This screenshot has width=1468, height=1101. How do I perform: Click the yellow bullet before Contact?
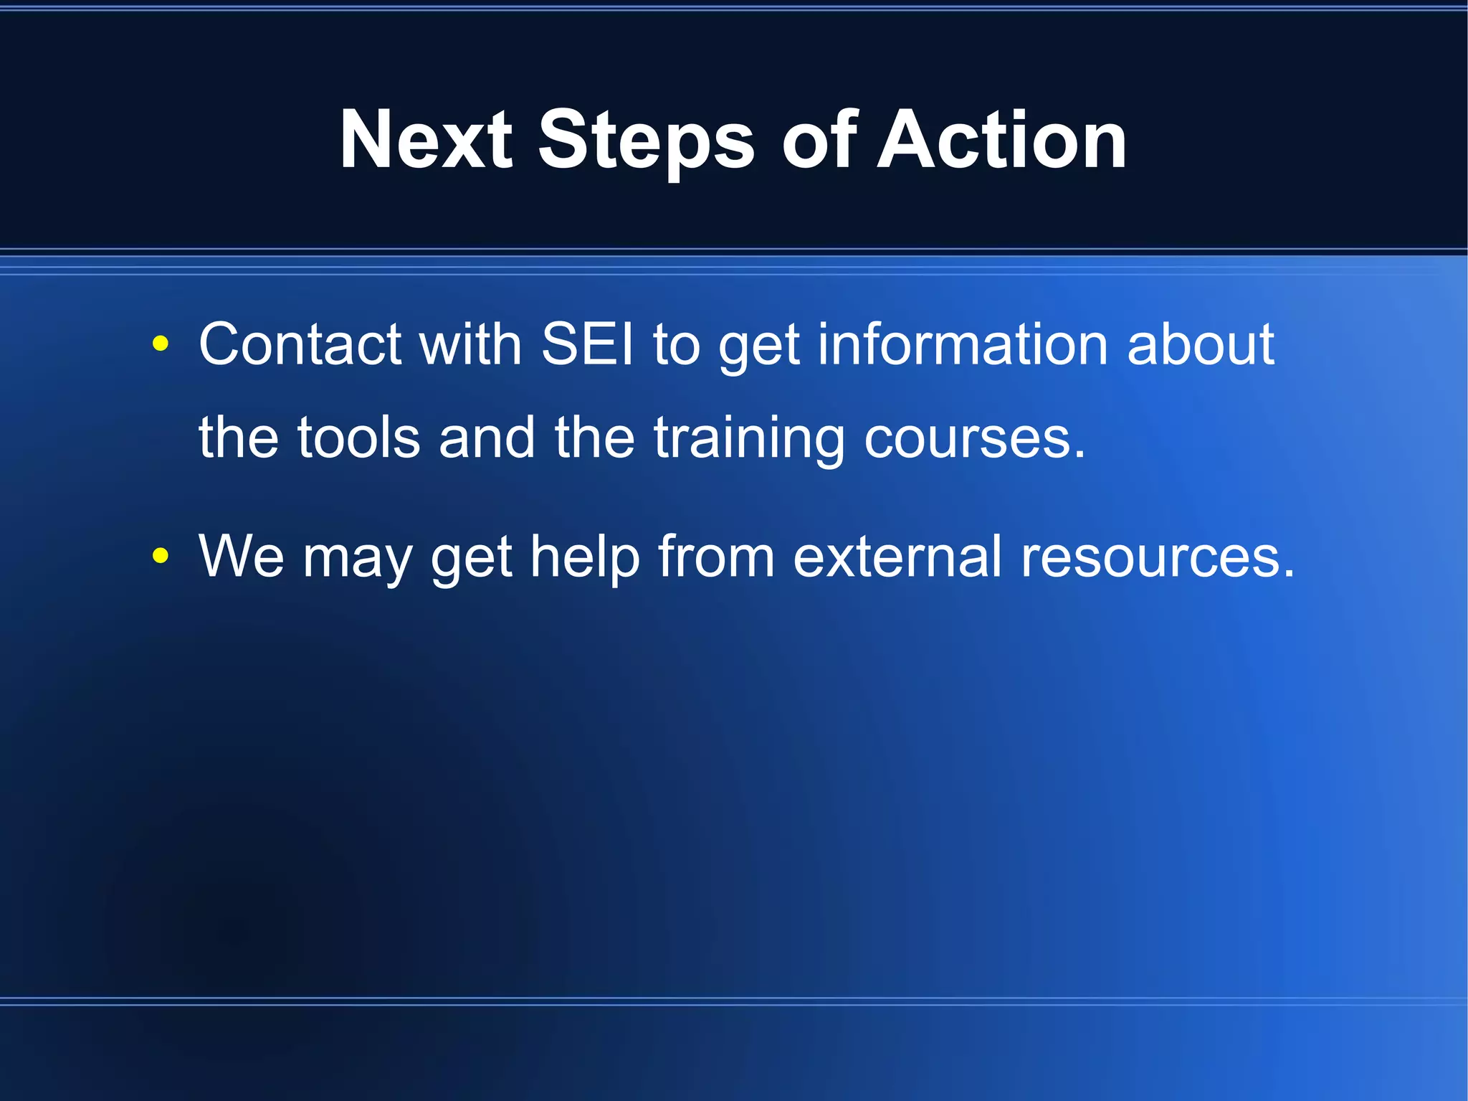pos(161,344)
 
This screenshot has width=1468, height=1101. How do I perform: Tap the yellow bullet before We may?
pos(161,555)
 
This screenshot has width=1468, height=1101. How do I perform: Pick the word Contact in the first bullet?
pos(300,344)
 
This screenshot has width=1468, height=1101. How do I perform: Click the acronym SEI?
pos(588,344)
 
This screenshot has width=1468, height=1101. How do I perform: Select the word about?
pos(1201,344)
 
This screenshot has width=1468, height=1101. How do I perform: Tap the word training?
pos(750,439)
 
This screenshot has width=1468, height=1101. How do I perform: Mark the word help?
pos(584,557)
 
